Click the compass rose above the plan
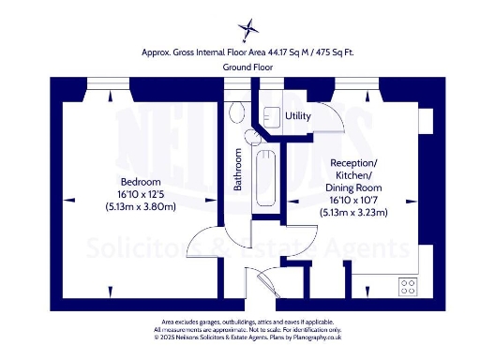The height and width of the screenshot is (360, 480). coord(247,26)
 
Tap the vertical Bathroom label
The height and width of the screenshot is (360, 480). coord(238,170)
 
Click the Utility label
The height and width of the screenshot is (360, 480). coord(298,116)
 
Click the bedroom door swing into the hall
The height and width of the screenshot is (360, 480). coord(202,242)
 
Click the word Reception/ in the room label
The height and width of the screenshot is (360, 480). coord(353,161)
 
